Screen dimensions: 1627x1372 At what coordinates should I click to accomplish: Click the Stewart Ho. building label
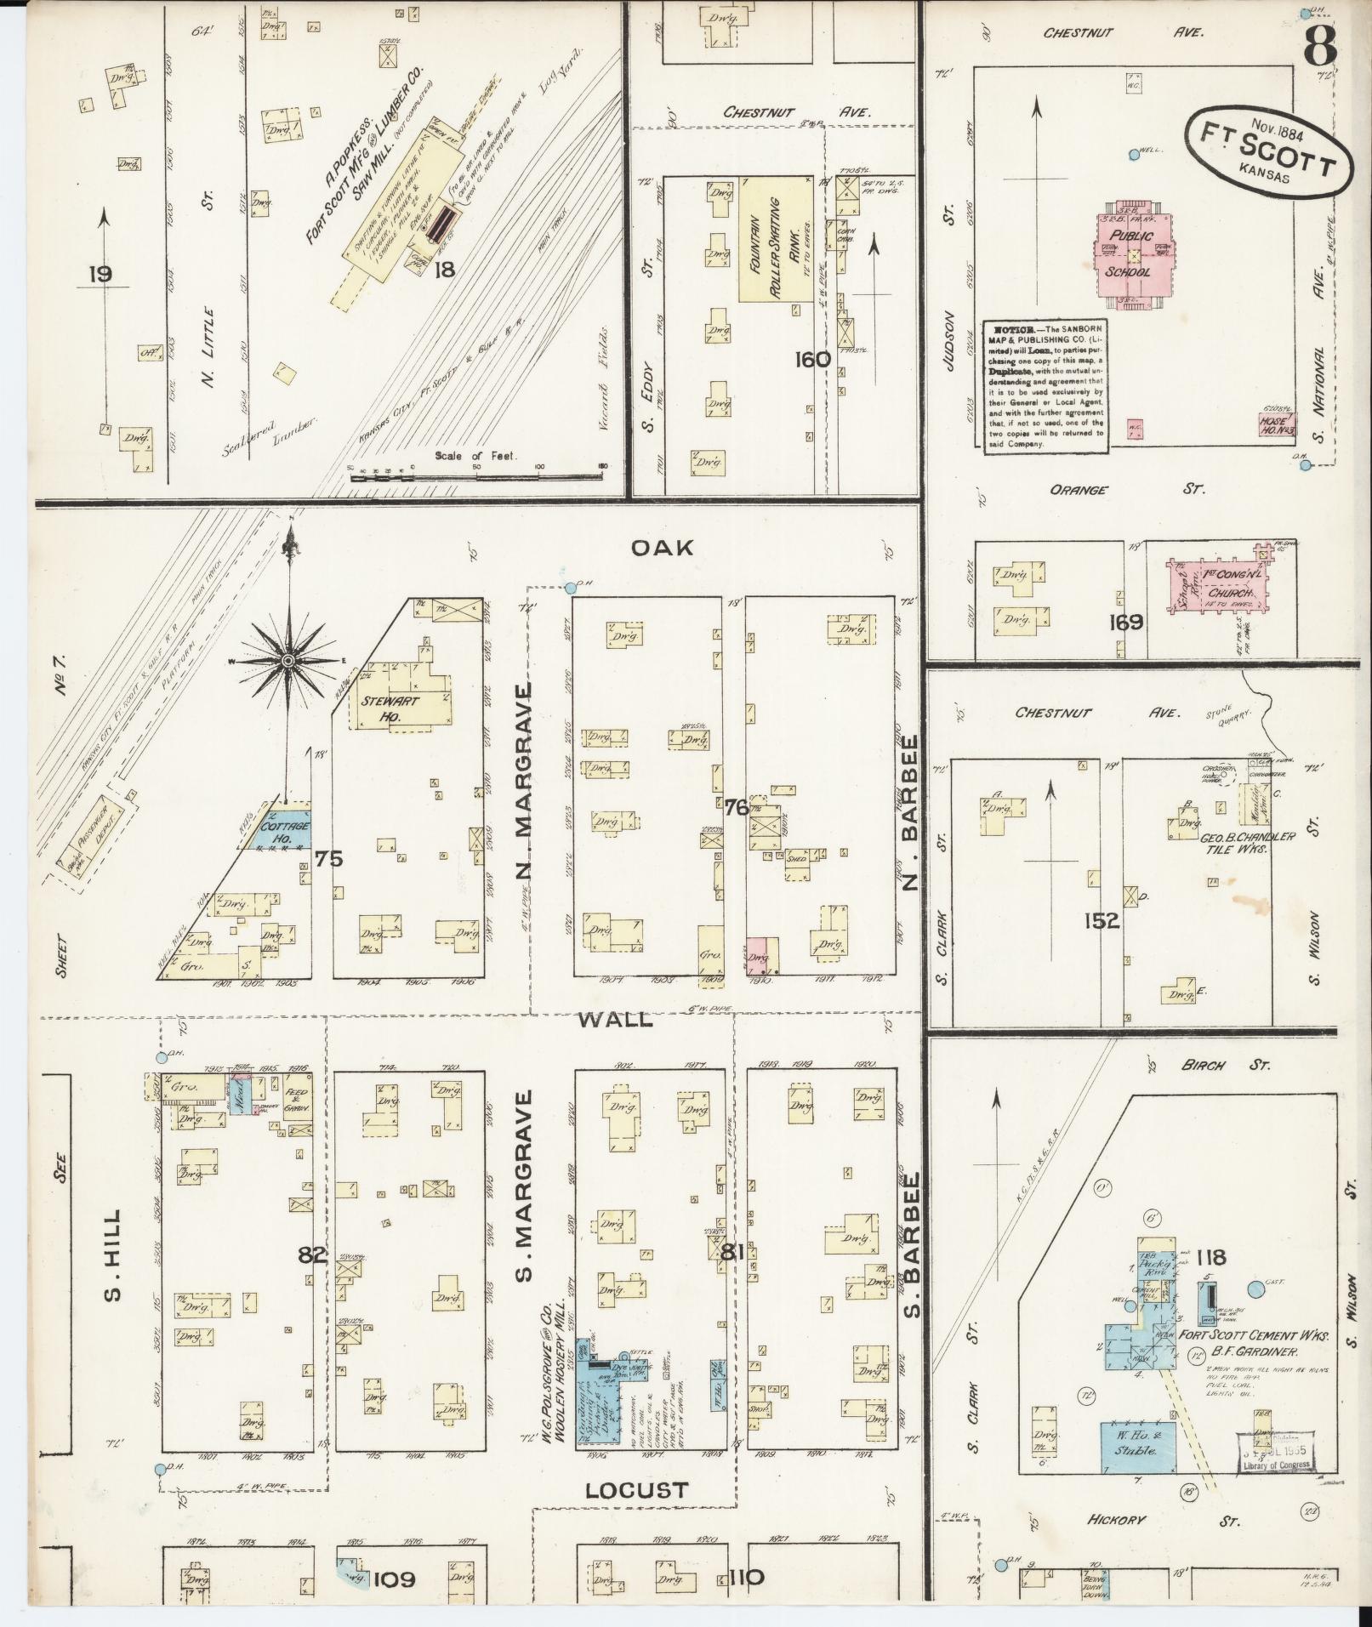(x=385, y=708)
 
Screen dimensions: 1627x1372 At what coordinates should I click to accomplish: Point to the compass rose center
(x=289, y=661)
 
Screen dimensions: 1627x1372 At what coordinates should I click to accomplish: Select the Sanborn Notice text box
(x=1045, y=387)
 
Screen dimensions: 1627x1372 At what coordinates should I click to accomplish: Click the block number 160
(x=812, y=360)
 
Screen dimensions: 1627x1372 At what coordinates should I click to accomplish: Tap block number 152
(x=1102, y=920)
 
